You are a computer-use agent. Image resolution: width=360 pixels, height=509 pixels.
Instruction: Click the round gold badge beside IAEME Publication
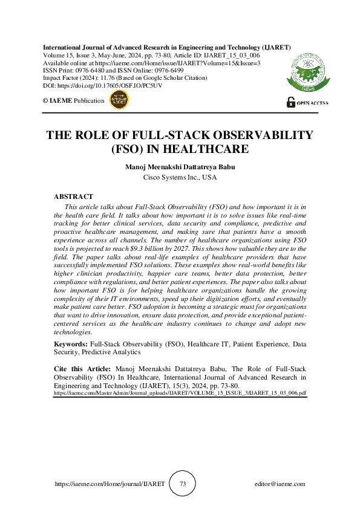[x=118, y=100]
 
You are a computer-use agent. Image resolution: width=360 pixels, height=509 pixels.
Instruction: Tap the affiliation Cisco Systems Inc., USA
[x=180, y=178]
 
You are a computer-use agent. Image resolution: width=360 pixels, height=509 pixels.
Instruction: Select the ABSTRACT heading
[x=73, y=196]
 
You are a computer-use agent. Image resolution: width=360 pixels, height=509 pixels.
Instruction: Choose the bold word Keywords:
[x=70, y=343]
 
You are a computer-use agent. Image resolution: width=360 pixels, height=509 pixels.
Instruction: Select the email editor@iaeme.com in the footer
[x=280, y=484]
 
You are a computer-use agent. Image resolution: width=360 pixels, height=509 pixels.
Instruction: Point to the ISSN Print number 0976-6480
[x=91, y=70]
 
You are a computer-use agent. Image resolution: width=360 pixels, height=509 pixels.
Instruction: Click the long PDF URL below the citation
[x=180, y=392]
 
